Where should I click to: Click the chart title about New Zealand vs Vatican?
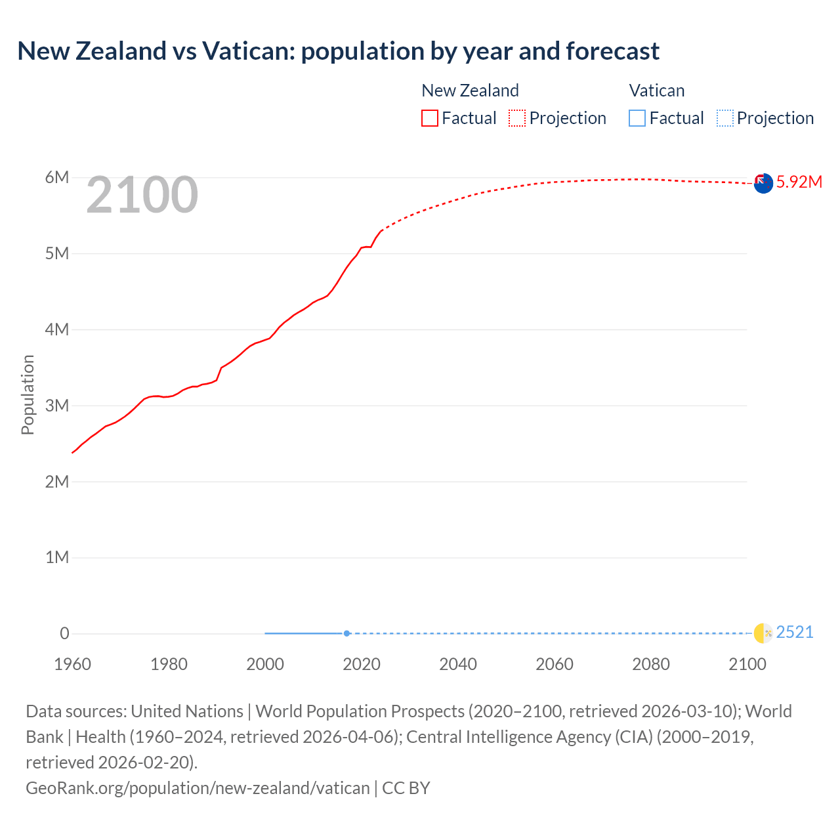click(x=339, y=51)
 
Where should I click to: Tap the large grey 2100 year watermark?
click(x=142, y=194)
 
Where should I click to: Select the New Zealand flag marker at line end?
click(x=763, y=184)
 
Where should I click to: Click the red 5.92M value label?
click(x=799, y=182)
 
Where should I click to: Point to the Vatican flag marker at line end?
click(x=763, y=633)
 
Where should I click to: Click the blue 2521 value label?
click(x=794, y=632)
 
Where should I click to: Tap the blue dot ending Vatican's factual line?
click(x=346, y=633)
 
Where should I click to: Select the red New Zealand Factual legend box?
click(x=430, y=118)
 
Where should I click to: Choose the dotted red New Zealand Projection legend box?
click(x=517, y=118)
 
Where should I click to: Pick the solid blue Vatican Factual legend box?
click(x=637, y=118)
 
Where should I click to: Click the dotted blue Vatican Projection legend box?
click(x=724, y=118)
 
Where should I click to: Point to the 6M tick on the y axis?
click(x=57, y=177)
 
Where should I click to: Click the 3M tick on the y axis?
click(x=57, y=406)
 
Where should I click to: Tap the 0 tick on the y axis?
click(x=64, y=633)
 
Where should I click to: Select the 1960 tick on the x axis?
click(x=72, y=664)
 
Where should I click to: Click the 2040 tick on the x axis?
click(x=458, y=664)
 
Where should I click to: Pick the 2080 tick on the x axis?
click(x=651, y=664)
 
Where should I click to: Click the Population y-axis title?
click(x=28, y=394)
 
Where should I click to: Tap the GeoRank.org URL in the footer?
click(x=198, y=787)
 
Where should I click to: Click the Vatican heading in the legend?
click(x=656, y=91)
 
